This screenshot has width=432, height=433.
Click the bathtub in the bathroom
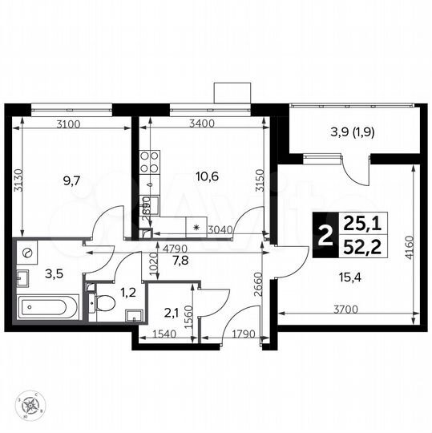tap(46, 306)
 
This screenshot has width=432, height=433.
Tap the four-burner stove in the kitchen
tap(148, 163)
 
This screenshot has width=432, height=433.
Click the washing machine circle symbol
tap(28, 253)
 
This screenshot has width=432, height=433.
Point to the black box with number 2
tap(325, 236)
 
